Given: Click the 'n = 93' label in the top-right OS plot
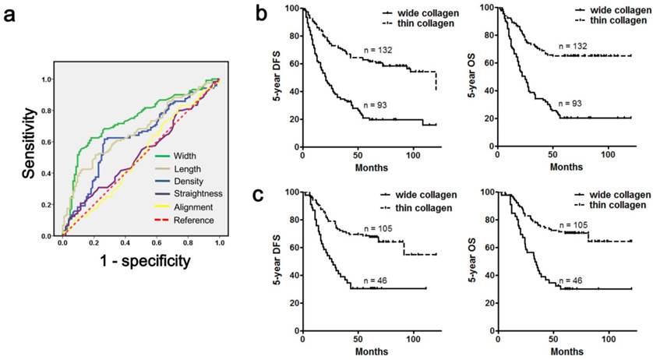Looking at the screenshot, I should (x=574, y=104).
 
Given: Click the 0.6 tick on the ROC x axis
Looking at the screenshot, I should (x=157, y=242).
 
